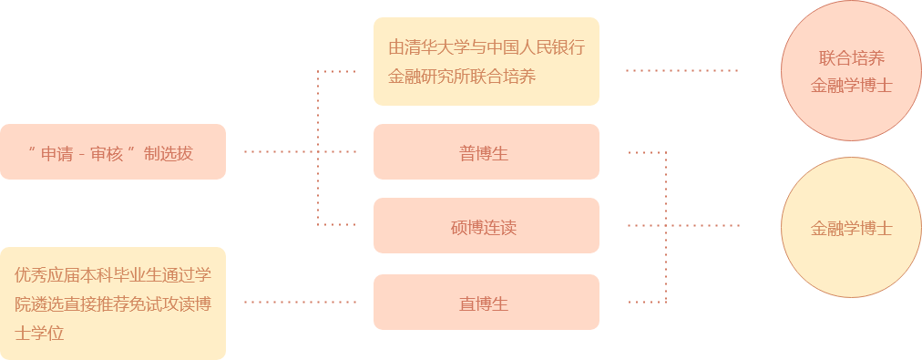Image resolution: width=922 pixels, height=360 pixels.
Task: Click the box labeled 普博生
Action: click(486, 152)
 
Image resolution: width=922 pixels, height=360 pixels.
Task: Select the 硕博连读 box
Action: click(486, 226)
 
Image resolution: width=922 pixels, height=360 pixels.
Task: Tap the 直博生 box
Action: click(486, 303)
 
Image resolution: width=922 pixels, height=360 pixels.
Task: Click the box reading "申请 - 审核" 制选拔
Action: click(112, 152)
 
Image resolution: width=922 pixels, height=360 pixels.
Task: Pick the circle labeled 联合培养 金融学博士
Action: click(851, 72)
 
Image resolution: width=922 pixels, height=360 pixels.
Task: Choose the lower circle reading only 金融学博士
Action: click(851, 228)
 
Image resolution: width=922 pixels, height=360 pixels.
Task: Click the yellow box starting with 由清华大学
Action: click(486, 61)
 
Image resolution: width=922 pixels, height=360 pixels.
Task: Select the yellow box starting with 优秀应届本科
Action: click(112, 302)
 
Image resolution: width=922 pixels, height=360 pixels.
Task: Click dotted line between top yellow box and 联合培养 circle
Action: click(681, 70)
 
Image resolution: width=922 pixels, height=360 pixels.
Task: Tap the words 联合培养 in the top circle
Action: click(851, 59)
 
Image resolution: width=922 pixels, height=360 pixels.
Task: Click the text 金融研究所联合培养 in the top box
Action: click(462, 77)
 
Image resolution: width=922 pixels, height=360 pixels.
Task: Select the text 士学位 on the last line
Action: click(39, 333)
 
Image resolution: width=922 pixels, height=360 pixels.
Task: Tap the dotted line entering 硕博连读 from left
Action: click(337, 224)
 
